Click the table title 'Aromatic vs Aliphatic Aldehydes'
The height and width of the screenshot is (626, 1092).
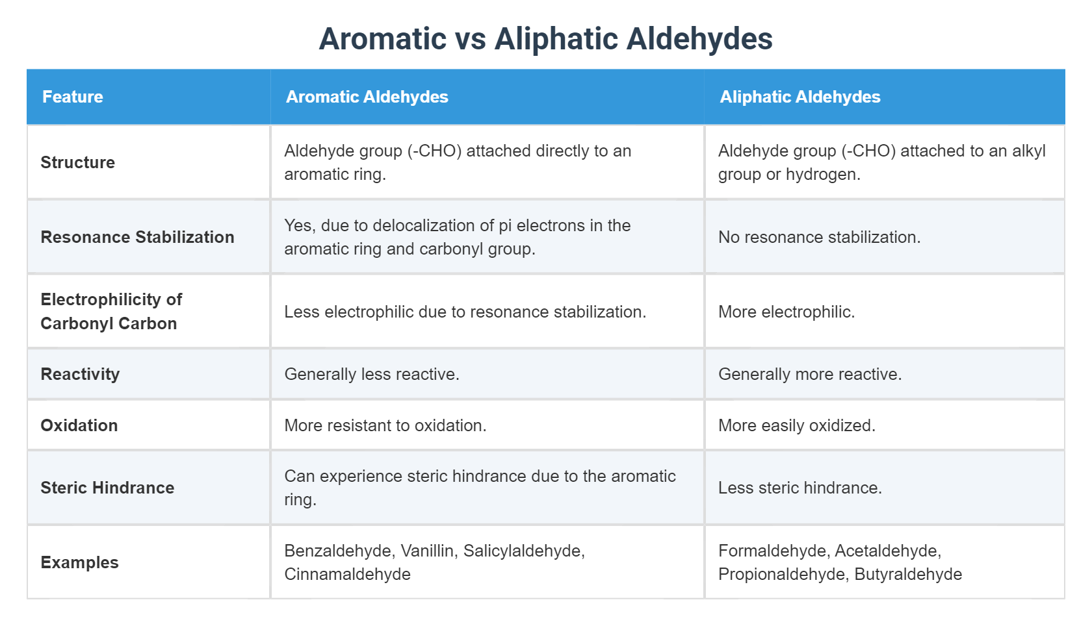pos(545,39)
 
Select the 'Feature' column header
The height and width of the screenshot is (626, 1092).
pos(73,97)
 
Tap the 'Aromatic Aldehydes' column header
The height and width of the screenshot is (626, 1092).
pos(367,97)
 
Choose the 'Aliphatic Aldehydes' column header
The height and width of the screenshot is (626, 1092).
pos(799,97)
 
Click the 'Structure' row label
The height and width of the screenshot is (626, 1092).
pos(78,162)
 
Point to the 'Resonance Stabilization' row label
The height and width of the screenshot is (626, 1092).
pos(137,237)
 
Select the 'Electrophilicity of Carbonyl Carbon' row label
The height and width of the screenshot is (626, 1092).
pos(111,312)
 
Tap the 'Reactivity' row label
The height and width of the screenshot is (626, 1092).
pos(80,374)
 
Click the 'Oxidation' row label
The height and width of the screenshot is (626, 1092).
pos(79,425)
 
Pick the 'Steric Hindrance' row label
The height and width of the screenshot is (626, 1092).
pos(107,488)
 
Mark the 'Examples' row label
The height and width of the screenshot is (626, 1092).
pos(79,562)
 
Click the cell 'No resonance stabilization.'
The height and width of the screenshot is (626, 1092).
pos(819,237)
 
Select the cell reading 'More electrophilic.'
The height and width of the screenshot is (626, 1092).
pos(786,312)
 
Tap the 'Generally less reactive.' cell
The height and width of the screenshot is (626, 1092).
pos(372,374)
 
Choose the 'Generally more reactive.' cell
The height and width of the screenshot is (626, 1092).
pos(810,374)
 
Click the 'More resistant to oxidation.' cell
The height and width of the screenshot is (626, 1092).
pos(385,425)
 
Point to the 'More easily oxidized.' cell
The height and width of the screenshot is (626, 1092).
pos(797,425)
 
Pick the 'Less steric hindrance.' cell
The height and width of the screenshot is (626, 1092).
pos(800,488)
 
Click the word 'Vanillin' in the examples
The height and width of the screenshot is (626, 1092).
pos(428,551)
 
